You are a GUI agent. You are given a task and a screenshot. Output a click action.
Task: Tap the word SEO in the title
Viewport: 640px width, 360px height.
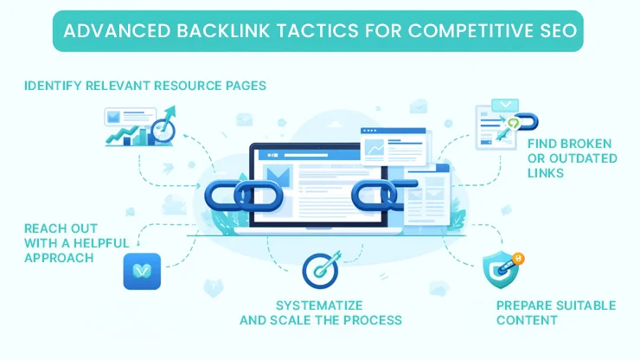click(x=559, y=34)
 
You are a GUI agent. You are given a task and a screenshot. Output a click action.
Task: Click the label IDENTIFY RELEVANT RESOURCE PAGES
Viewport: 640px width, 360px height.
click(x=145, y=86)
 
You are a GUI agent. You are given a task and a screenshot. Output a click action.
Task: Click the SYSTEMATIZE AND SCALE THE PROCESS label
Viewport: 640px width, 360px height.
click(x=320, y=312)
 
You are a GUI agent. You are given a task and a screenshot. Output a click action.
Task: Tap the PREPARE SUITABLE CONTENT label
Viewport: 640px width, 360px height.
click(x=555, y=312)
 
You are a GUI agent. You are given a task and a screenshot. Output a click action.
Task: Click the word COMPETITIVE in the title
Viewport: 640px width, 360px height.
click(x=452, y=34)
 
